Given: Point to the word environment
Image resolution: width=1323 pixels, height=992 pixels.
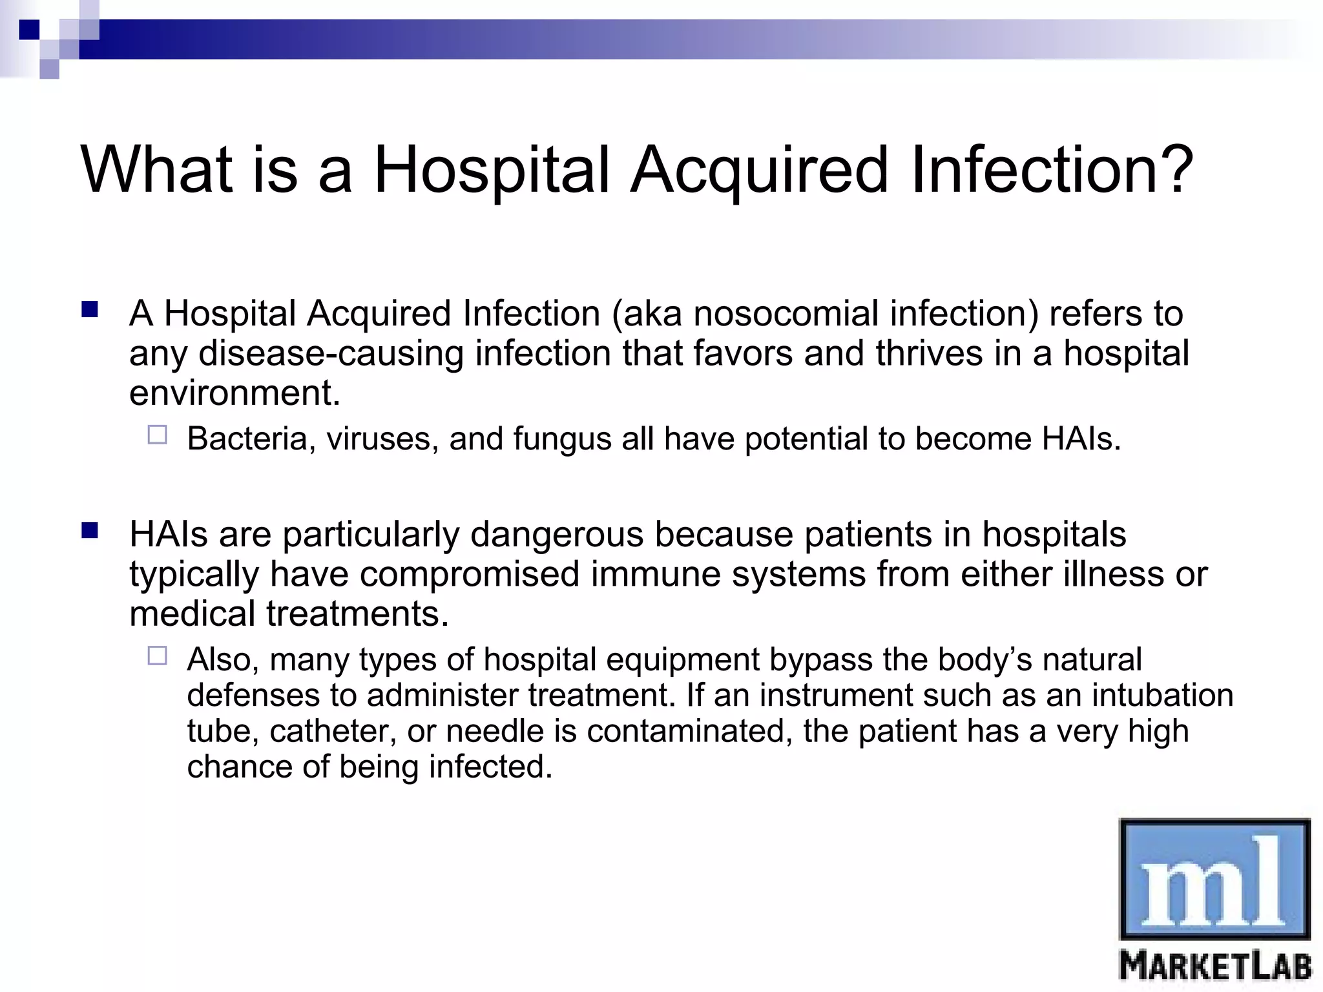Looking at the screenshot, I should point(234,393).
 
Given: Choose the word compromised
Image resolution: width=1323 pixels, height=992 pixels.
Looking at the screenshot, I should point(469,575).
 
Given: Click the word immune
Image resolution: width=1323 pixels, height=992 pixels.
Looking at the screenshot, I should point(655,574).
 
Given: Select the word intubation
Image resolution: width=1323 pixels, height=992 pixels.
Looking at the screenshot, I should point(1162,696).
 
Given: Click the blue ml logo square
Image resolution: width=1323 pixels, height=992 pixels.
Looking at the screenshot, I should point(1214,879).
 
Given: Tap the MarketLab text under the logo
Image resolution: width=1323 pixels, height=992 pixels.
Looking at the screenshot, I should point(1215,967).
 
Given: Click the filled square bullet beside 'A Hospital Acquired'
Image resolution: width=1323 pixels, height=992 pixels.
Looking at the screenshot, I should point(90,311).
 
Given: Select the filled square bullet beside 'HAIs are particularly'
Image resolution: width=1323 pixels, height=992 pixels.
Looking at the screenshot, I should point(90,532).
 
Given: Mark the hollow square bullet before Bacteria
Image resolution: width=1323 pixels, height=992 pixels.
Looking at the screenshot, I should point(157,435).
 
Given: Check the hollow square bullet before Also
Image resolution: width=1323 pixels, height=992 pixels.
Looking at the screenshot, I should point(157,656).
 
